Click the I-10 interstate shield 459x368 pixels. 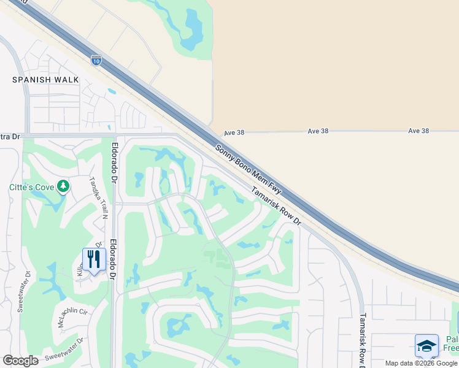(96, 59)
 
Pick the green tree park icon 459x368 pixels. (63, 186)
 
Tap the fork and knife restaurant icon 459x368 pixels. (93, 259)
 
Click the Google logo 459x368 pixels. (20, 361)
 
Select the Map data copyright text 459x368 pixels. (421, 363)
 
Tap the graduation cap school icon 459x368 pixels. (426, 346)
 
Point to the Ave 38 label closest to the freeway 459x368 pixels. (234, 132)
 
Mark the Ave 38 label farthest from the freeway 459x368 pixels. (418, 131)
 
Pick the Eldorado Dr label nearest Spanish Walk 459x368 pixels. (114, 163)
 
